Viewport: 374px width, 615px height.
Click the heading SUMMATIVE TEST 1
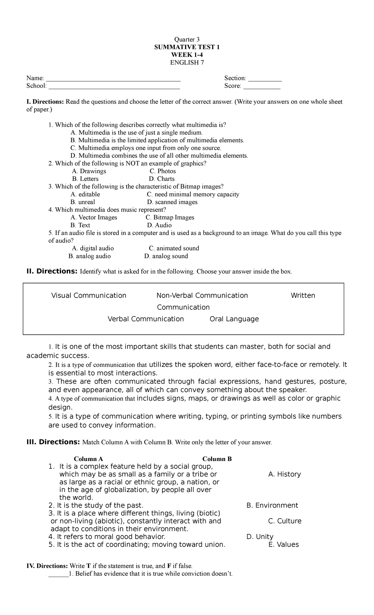[187, 47]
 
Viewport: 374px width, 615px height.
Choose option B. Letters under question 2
[85, 179]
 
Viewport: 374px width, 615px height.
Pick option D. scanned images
[172, 202]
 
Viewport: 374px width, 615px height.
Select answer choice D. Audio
[159, 225]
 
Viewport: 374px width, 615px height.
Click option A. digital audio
[93, 248]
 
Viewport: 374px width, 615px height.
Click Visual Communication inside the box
[89, 295]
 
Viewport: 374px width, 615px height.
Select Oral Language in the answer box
[234, 319]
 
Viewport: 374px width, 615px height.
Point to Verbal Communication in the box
[146, 319]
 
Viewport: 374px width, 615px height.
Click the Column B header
[217, 459]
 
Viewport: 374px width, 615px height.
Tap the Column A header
[88, 459]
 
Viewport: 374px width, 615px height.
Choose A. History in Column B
[284, 474]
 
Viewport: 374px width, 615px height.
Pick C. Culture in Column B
[285, 521]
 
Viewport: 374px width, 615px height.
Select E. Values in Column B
[283, 544]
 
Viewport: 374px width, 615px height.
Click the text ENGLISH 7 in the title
[187, 63]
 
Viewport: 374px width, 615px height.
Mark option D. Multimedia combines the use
[159, 156]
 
